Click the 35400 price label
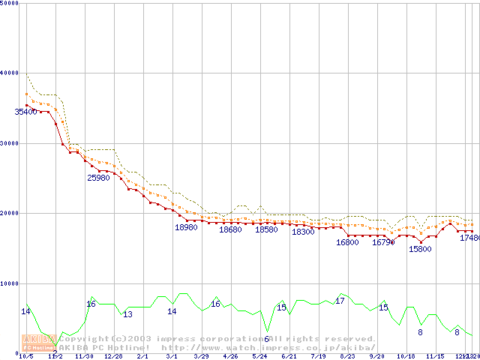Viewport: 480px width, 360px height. (25, 112)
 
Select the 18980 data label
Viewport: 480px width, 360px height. (186, 227)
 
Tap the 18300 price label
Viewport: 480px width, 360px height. (303, 232)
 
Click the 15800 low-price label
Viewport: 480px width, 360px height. (420, 249)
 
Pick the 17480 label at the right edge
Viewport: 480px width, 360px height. (469, 238)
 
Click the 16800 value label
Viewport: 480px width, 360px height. (347, 242)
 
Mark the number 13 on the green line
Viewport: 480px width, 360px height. (127, 314)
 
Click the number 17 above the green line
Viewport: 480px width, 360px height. (340, 301)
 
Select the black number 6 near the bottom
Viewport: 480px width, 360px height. (266, 339)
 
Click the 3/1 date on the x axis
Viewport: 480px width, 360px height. (172, 357)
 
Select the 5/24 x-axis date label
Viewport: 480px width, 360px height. (259, 357)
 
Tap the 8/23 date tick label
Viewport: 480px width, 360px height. (347, 357)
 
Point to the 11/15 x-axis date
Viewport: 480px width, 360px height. (435, 357)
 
